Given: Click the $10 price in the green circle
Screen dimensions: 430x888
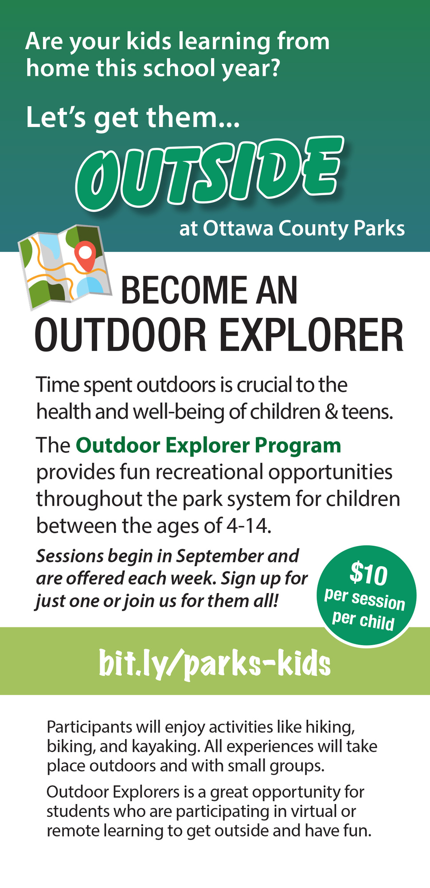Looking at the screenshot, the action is tap(368, 574).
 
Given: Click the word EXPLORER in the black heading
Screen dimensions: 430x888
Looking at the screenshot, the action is tap(311, 336).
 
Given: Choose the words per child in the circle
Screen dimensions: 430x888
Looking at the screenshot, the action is tap(363, 620).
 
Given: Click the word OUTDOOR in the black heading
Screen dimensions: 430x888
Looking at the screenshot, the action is tap(121, 336).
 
